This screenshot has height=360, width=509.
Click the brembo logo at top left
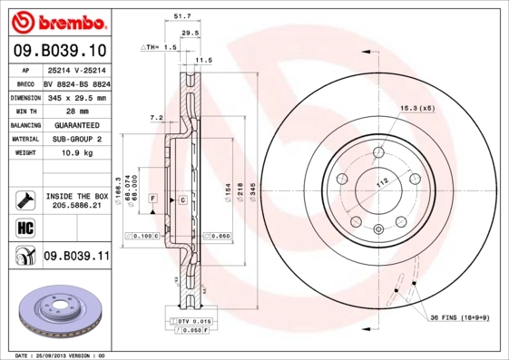click(57, 21)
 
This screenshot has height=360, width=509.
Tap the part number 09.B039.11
click(76, 257)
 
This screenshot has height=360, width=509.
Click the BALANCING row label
click(24, 125)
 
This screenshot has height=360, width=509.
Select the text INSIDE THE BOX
click(77, 196)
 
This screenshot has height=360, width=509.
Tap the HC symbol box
click(24, 226)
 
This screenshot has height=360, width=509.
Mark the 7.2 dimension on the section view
click(155, 117)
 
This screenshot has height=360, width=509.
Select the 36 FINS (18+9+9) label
click(460, 316)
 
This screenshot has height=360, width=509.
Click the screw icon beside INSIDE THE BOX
click(24, 199)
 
